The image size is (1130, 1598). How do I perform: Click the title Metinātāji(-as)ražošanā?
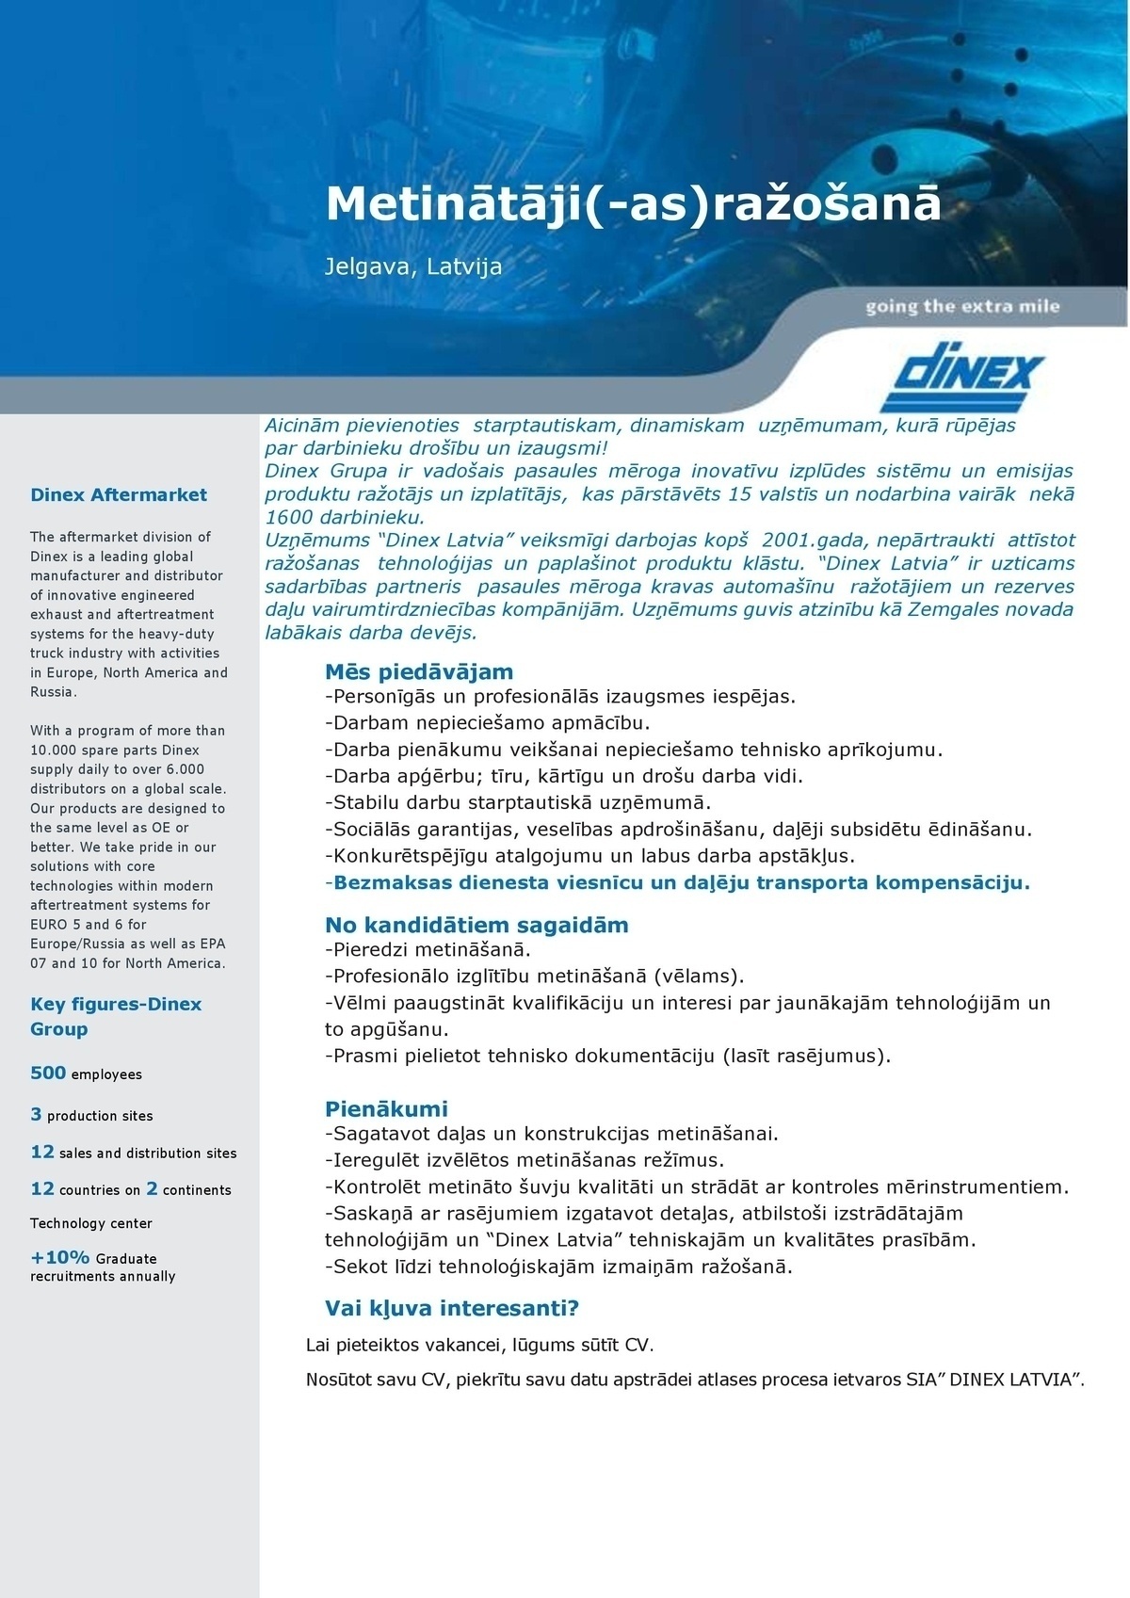(x=633, y=202)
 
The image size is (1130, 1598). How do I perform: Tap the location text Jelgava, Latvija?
(x=413, y=266)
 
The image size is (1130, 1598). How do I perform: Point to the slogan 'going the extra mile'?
(x=962, y=306)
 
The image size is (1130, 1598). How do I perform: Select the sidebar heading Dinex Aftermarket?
(x=119, y=494)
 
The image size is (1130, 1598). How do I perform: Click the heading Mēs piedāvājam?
(x=419, y=671)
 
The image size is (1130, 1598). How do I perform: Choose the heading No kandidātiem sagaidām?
(x=476, y=925)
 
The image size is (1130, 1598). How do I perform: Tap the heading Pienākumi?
(x=386, y=1107)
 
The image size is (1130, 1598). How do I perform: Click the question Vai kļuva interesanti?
(x=452, y=1308)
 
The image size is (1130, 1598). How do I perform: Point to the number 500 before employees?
(x=48, y=1073)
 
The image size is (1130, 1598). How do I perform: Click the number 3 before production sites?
(x=36, y=1114)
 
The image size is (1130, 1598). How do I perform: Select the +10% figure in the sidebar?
(x=60, y=1257)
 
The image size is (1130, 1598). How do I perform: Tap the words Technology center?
(x=91, y=1223)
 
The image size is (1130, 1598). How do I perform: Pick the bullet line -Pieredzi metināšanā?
(x=428, y=950)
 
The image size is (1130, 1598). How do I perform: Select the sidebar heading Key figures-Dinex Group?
(x=116, y=1016)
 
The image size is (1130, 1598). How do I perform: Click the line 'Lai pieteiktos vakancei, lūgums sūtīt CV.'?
(x=479, y=1345)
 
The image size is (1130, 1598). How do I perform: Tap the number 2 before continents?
(x=152, y=1188)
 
